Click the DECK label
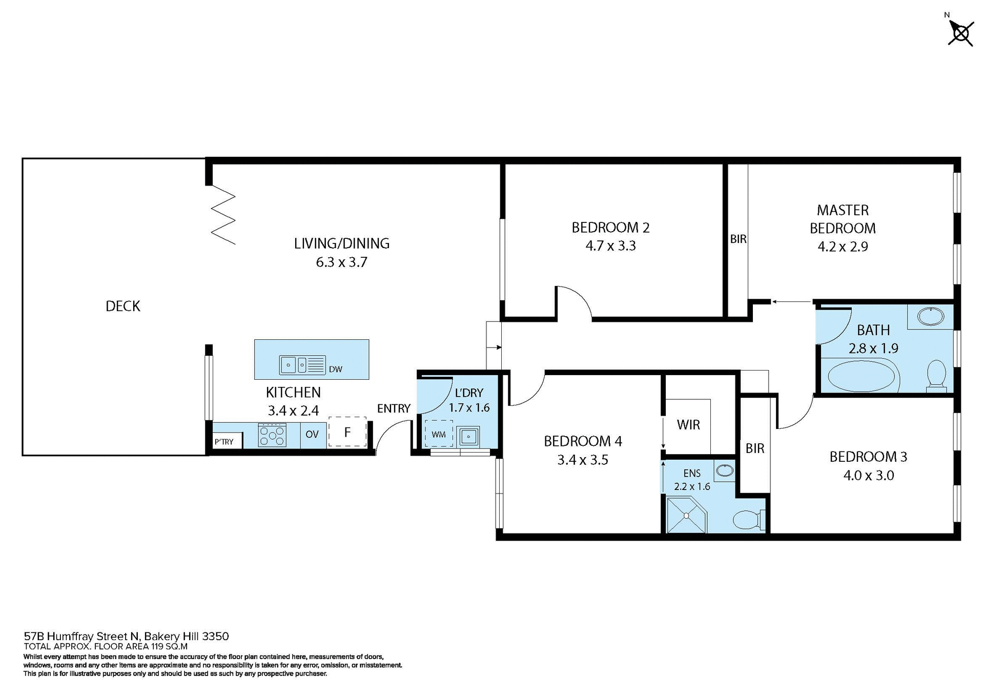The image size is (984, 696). click(x=122, y=306)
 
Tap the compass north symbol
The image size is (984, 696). click(x=960, y=33)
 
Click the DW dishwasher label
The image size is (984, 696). click(x=335, y=369)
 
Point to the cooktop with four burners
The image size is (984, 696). click(x=272, y=435)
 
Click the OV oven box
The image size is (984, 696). click(x=312, y=435)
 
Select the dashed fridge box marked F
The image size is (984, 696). click(x=347, y=432)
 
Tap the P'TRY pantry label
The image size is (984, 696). click(x=224, y=442)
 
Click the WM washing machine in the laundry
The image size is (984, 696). click(x=439, y=434)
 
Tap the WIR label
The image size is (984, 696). click(x=688, y=424)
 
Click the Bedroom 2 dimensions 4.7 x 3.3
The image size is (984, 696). click(x=610, y=246)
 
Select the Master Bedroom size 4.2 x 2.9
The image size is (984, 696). click(x=842, y=247)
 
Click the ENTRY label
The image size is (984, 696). click(x=394, y=408)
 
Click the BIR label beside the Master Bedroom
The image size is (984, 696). click(x=738, y=239)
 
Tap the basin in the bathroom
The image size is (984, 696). click(x=930, y=316)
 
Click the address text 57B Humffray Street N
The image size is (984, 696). click(x=82, y=637)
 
